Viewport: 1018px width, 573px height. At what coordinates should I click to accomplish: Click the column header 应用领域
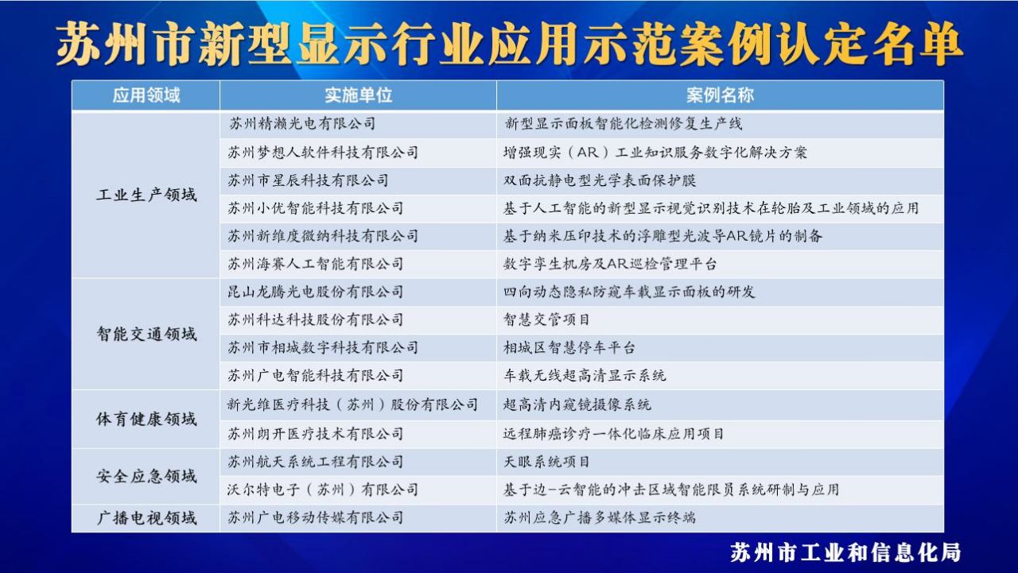pos(146,95)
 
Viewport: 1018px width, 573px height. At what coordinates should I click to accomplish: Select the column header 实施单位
pos(358,95)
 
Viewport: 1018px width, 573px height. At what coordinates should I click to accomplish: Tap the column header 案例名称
pos(720,95)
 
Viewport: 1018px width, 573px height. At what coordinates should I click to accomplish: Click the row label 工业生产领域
pos(146,195)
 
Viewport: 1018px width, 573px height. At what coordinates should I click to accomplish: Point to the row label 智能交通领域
pos(146,334)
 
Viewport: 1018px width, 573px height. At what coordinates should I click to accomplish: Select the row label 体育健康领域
pos(146,419)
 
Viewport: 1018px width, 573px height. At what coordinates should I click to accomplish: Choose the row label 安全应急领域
pos(146,476)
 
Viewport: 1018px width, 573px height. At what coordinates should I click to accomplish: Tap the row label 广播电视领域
pos(146,518)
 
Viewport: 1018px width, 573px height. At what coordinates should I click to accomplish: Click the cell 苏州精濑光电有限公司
pos(301,123)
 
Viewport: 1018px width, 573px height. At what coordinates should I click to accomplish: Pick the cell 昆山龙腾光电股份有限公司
pos(316,292)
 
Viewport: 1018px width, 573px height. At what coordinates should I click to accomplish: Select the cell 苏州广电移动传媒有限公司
pos(316,517)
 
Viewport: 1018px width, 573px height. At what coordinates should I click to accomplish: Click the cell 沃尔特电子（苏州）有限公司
pos(323,490)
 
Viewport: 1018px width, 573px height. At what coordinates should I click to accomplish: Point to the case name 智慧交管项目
pos(546,319)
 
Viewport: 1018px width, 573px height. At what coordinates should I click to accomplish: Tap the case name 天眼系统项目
pos(546,462)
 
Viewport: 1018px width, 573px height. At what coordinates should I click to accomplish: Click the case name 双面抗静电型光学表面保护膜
pos(600,180)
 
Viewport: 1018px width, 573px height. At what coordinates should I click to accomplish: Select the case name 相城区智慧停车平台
pos(569,348)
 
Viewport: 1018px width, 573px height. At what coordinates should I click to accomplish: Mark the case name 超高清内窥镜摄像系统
pos(577,404)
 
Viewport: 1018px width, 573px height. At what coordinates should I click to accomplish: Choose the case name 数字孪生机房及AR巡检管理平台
pos(610,264)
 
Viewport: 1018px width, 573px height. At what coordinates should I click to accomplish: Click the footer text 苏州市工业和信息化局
pos(845,552)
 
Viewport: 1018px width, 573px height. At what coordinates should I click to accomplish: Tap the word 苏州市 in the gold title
pos(125,44)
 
